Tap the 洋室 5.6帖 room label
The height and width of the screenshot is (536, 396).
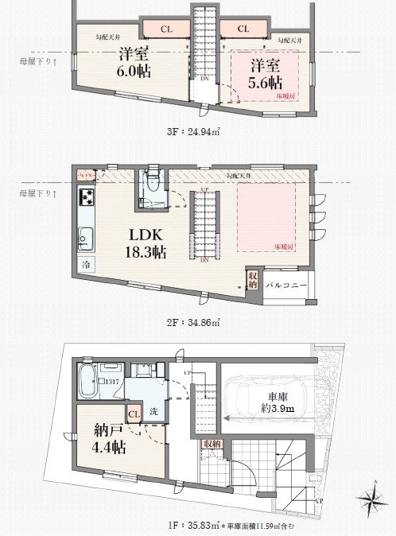(264, 73)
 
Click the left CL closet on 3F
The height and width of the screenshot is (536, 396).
(165, 29)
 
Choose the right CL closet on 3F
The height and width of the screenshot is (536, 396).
(242, 29)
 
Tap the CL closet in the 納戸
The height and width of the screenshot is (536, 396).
(133, 413)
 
